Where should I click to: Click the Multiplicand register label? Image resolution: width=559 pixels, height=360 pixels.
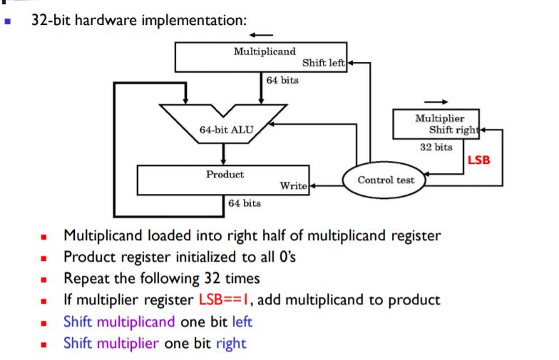coord(265,51)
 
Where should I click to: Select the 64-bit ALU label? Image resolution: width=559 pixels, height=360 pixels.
coord(223,130)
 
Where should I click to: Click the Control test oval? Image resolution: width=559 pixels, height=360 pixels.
coord(386,180)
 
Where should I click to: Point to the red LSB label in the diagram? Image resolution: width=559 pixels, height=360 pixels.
coord(478,160)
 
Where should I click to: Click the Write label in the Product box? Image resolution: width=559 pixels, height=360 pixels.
coord(293,186)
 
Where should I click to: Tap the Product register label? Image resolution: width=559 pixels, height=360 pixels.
coord(225,174)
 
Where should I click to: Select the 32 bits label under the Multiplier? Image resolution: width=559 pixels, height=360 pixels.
coord(435,147)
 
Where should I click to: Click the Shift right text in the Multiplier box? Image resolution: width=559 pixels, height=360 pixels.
coord(455,130)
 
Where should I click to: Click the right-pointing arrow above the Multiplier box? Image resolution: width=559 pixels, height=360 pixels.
coord(436,101)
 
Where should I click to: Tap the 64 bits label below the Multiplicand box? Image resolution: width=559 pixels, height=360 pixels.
coord(282,80)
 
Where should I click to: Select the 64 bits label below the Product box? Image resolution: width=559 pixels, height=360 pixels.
coord(245,203)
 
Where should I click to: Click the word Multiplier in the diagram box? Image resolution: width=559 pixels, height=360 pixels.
coord(439,118)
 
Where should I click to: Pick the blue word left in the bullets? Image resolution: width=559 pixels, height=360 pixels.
coord(242,322)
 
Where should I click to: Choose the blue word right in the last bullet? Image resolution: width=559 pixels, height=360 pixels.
coord(230,343)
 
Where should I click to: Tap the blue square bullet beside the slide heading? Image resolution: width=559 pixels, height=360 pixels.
coord(8,21)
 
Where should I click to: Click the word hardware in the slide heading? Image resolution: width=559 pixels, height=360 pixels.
coord(105,19)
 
